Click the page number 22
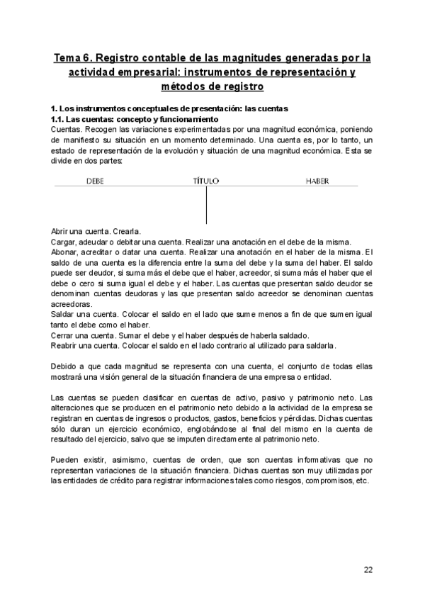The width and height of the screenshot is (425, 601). click(368, 570)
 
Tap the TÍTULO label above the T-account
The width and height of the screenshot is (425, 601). click(206, 181)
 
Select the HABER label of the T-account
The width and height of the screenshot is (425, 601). click(317, 181)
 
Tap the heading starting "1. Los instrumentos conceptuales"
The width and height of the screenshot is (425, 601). click(170, 109)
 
